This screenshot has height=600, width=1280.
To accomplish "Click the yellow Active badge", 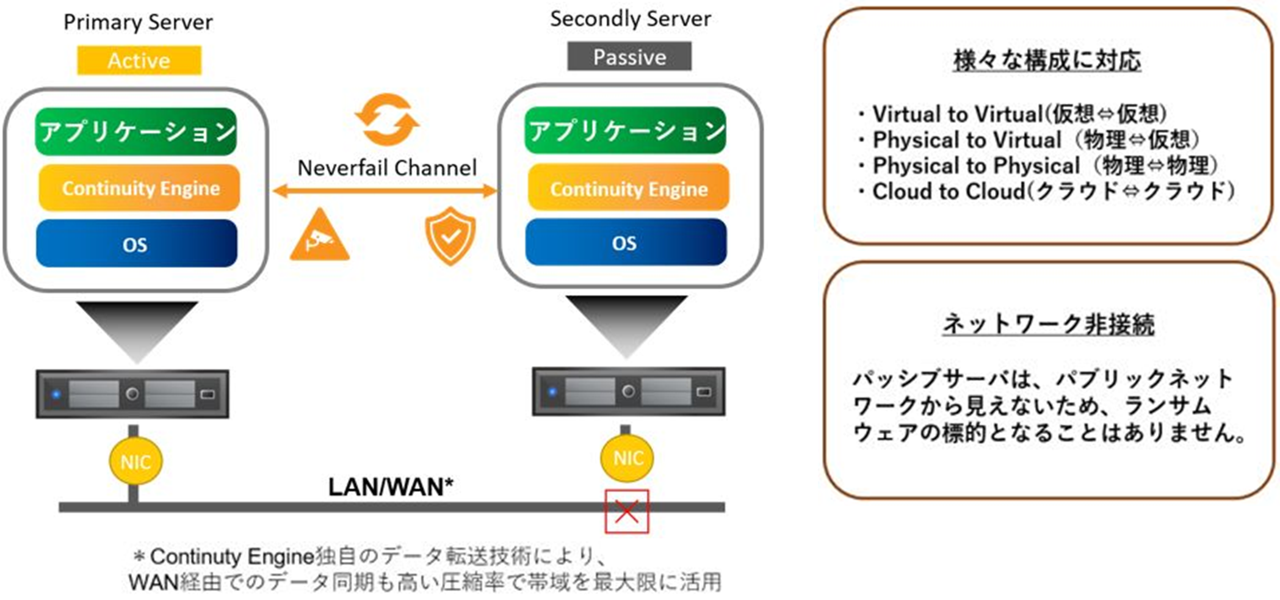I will click(x=139, y=60).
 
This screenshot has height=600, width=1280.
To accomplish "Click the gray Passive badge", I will click(x=629, y=57).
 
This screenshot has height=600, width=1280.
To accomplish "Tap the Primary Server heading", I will click(x=138, y=23).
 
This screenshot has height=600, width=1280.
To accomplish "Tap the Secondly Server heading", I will click(x=631, y=19).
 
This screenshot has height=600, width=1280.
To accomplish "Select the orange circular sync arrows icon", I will click(x=387, y=119).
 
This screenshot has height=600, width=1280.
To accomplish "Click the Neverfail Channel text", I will click(x=387, y=168).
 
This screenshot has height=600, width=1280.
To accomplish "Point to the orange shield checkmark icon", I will click(x=450, y=236).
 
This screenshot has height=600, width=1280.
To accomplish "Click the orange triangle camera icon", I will click(x=319, y=237).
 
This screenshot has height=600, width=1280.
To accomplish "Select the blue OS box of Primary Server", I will click(x=136, y=244).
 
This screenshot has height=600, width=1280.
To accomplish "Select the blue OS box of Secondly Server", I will click(x=626, y=243).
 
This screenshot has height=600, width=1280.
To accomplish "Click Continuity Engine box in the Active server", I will click(x=140, y=188).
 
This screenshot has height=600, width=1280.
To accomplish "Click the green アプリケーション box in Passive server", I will click(x=626, y=131).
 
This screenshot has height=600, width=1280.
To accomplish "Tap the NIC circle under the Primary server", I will click(x=135, y=461).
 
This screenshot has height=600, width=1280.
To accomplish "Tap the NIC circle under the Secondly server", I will click(x=627, y=458).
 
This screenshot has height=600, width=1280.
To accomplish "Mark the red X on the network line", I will click(x=627, y=511).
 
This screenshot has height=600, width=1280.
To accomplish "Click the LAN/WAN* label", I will click(x=391, y=487).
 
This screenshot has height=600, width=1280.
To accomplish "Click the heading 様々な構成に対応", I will click(x=1047, y=61).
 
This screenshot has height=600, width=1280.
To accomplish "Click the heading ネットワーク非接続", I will click(x=1048, y=323).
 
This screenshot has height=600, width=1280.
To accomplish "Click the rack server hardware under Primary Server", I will click(x=132, y=394).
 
